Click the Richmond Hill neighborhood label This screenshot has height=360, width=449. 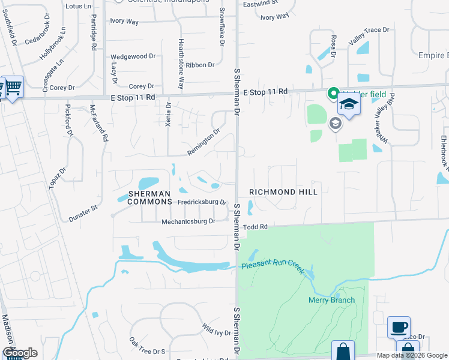click(283, 191)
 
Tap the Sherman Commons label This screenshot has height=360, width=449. click(149, 197)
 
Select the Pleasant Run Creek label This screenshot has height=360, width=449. click(273, 266)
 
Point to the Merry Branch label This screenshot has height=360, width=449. click(331, 300)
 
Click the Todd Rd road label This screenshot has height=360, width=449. click(255, 227)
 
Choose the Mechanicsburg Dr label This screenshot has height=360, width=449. click(188, 221)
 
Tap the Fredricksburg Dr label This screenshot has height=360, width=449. click(202, 202)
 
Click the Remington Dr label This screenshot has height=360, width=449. click(203, 142)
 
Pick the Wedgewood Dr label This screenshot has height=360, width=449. click(133, 56)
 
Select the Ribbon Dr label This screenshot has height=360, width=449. click(200, 65)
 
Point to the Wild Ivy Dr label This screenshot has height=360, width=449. click(217, 329)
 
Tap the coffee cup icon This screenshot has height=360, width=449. click(399, 328)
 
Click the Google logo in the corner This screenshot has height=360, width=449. click(20, 353)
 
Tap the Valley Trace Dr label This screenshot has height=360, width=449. click(369, 36)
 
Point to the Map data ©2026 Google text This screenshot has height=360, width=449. click(412, 355)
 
